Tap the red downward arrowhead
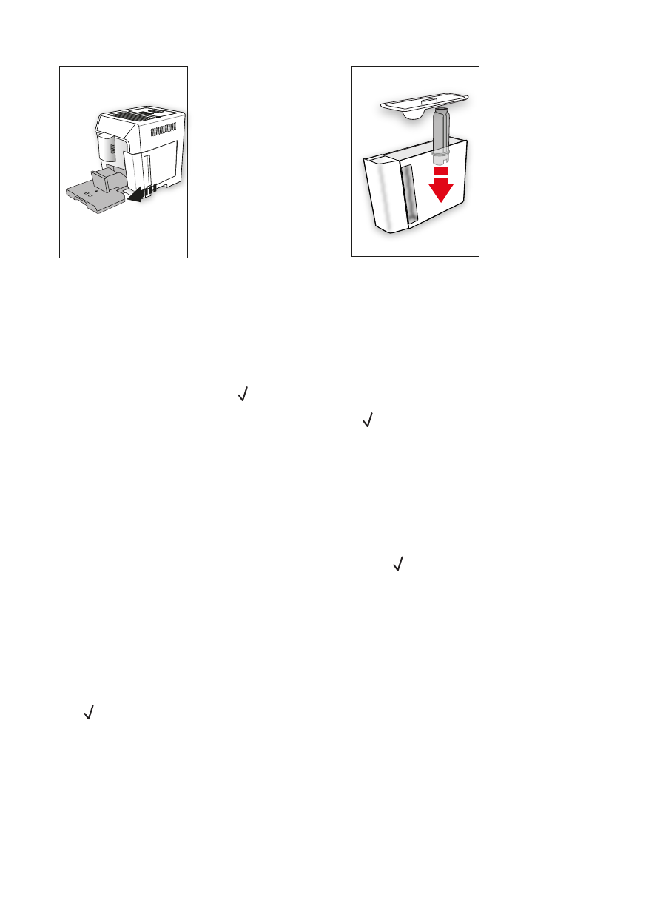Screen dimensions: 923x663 coord(442,190)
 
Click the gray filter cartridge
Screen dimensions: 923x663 coord(442,133)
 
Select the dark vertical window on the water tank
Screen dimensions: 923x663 coord(408,195)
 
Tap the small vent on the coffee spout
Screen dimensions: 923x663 coord(112,149)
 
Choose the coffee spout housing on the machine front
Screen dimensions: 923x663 coord(108,152)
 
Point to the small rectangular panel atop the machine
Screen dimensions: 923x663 coord(155,110)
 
